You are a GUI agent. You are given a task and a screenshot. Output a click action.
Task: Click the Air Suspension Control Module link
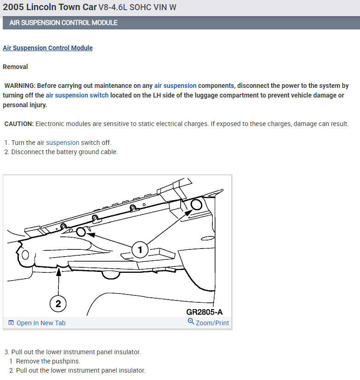(x=48, y=48)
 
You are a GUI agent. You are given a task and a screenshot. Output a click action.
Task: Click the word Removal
(x=15, y=67)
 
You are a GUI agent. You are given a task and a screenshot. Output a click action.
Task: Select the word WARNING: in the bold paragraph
(x=19, y=86)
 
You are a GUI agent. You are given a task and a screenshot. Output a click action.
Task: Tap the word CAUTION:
(x=19, y=124)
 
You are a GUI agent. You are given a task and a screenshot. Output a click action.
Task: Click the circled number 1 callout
(x=140, y=250)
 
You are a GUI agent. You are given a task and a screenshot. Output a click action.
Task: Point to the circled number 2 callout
(x=58, y=304)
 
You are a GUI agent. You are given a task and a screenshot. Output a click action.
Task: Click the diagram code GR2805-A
(x=205, y=312)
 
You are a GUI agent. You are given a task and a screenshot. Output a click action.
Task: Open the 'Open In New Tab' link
(x=41, y=323)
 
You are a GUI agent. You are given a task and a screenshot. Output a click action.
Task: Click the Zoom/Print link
(x=212, y=323)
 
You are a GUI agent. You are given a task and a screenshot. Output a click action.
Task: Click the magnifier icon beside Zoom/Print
(x=191, y=322)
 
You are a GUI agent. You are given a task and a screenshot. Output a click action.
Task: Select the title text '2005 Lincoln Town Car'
(x=50, y=7)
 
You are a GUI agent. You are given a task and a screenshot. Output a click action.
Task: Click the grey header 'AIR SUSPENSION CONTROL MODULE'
(x=63, y=23)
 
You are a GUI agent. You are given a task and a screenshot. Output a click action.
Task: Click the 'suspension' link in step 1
(x=63, y=143)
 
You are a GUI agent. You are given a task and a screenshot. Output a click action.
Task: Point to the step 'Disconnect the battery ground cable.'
(x=64, y=152)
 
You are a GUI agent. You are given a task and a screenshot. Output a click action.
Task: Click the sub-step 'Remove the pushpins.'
(x=48, y=361)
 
